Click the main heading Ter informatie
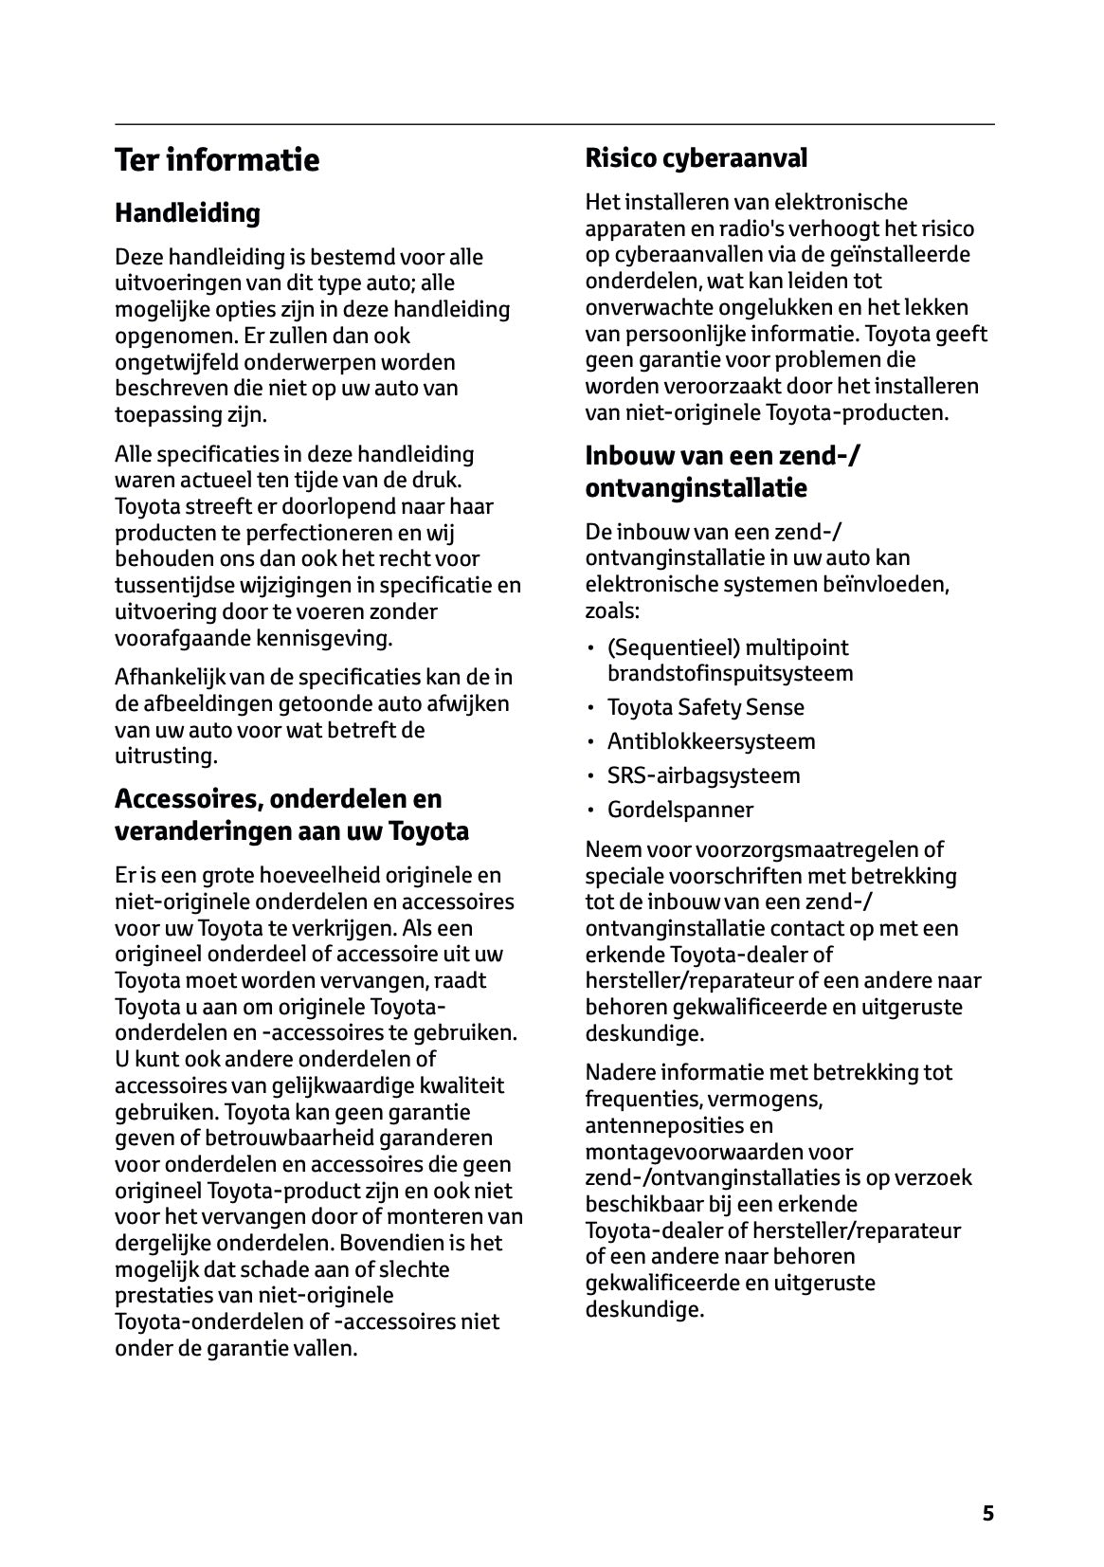click(217, 159)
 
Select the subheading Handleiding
click(187, 213)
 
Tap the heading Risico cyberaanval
click(696, 158)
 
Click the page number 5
click(987, 1513)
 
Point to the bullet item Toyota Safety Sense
click(705, 707)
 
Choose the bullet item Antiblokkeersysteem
click(711, 741)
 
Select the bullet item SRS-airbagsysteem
click(703, 775)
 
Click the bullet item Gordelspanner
click(680, 810)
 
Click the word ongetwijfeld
click(175, 362)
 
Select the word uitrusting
click(166, 756)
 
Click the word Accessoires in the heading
click(188, 798)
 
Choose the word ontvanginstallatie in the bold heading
click(697, 488)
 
